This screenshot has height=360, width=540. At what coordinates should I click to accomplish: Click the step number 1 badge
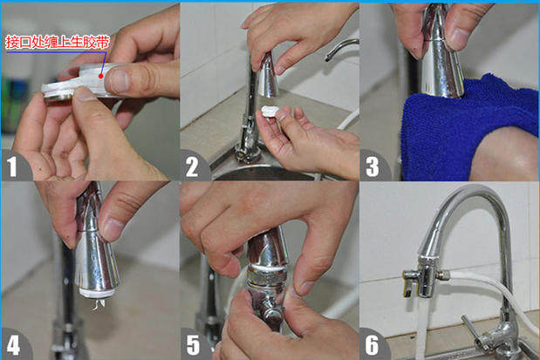[x=13, y=166]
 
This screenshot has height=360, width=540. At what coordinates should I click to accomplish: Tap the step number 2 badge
[x=192, y=166]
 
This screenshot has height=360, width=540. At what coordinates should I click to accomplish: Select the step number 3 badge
[x=373, y=166]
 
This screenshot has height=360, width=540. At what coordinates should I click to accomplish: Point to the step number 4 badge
[x=13, y=345]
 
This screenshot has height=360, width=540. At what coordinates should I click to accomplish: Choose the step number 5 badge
[x=193, y=345]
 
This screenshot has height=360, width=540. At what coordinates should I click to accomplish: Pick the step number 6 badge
[x=373, y=345]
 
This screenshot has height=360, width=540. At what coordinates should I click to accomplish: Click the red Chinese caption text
[x=58, y=42]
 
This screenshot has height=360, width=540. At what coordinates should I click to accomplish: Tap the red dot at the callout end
[x=101, y=76]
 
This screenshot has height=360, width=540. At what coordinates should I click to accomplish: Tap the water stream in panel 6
[x=422, y=327]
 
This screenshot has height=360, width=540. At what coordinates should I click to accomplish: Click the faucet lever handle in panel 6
[x=473, y=329]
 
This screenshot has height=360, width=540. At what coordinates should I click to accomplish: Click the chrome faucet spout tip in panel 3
[x=441, y=69]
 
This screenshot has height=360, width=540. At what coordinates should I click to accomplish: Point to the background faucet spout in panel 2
[x=341, y=48]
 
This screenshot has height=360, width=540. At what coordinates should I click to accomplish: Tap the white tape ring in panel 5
[x=268, y=267]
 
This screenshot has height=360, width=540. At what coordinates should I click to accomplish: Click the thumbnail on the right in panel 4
[x=111, y=229]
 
